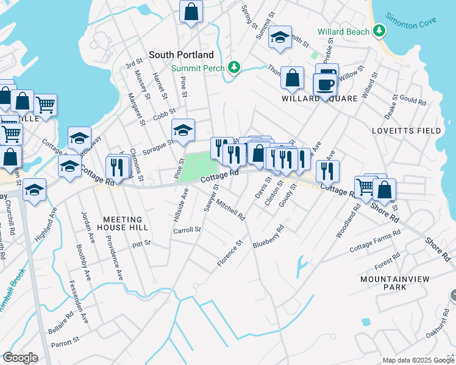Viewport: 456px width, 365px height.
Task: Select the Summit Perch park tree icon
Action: coord(233,67)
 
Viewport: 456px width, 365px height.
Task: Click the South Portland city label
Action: coord(180,55)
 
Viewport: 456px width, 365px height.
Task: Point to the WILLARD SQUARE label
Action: coord(313,98)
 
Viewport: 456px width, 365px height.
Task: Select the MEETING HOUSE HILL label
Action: coord(123,223)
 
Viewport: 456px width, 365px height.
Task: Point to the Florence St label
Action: coord(230,253)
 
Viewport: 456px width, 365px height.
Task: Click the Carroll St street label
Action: coord(187,230)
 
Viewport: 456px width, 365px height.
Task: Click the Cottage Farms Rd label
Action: coord(375,241)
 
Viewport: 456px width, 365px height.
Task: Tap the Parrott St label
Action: coord(68,342)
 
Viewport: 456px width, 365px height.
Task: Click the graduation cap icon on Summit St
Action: coord(280,37)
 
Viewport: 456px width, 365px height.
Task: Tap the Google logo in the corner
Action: coord(20,358)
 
